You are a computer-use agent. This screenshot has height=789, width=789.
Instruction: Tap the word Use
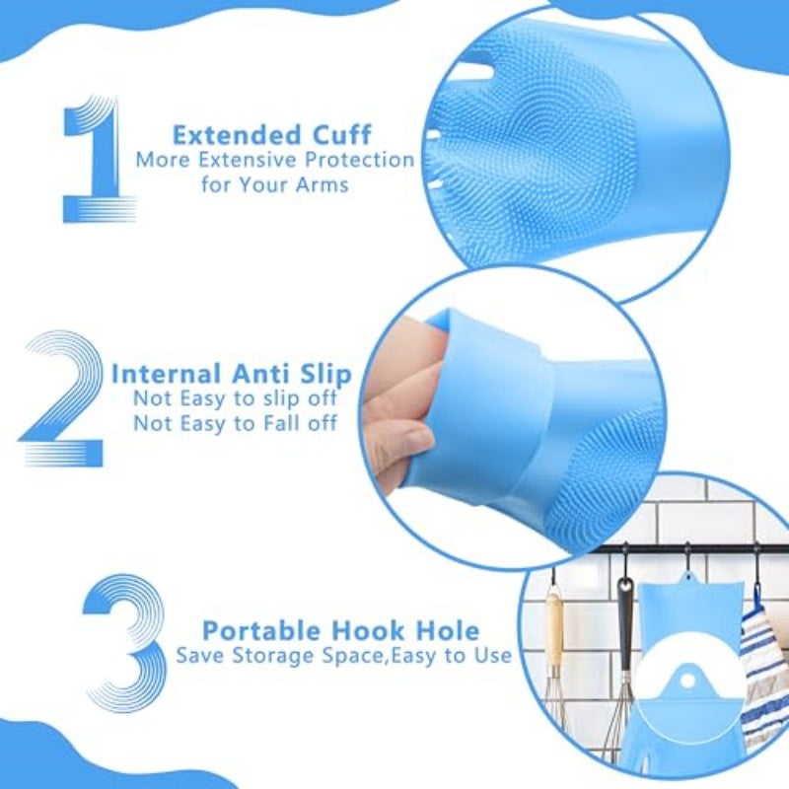(492, 655)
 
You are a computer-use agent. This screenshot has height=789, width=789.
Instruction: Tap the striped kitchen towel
(764, 671)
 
